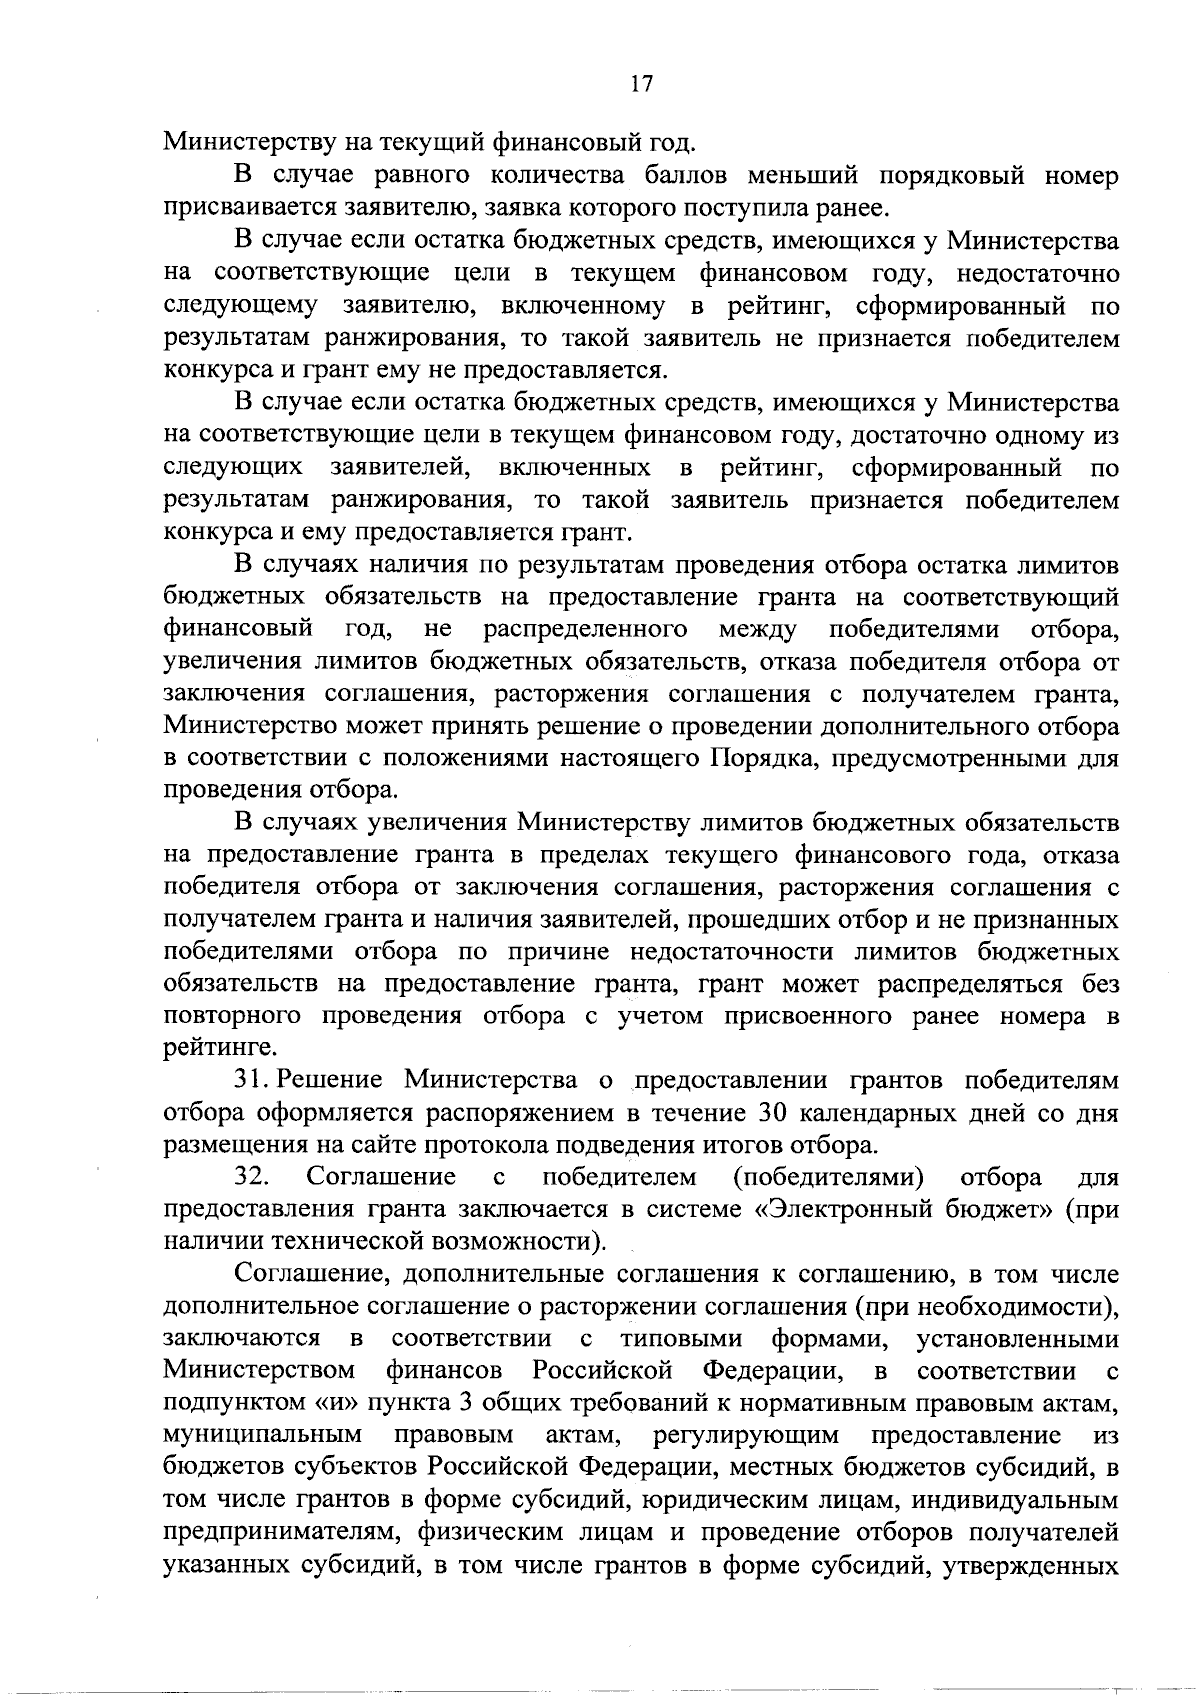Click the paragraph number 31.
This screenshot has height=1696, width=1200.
(x=250, y=1081)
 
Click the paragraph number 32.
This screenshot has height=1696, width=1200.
(x=253, y=1177)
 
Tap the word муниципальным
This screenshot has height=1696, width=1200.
(x=262, y=1435)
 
